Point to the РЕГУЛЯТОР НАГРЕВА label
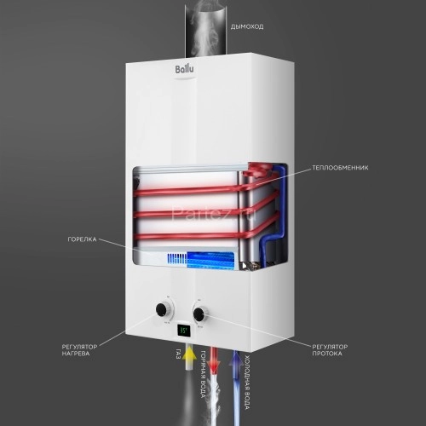pos(78,352)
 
